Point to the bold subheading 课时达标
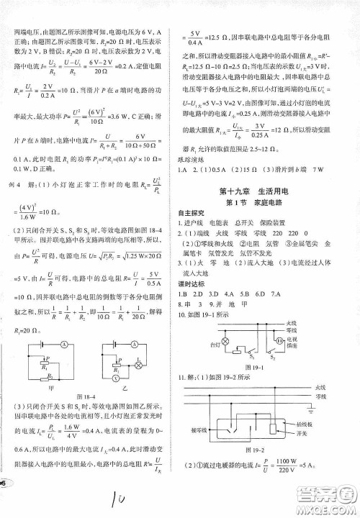pyautogui.click(x=192, y=282)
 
